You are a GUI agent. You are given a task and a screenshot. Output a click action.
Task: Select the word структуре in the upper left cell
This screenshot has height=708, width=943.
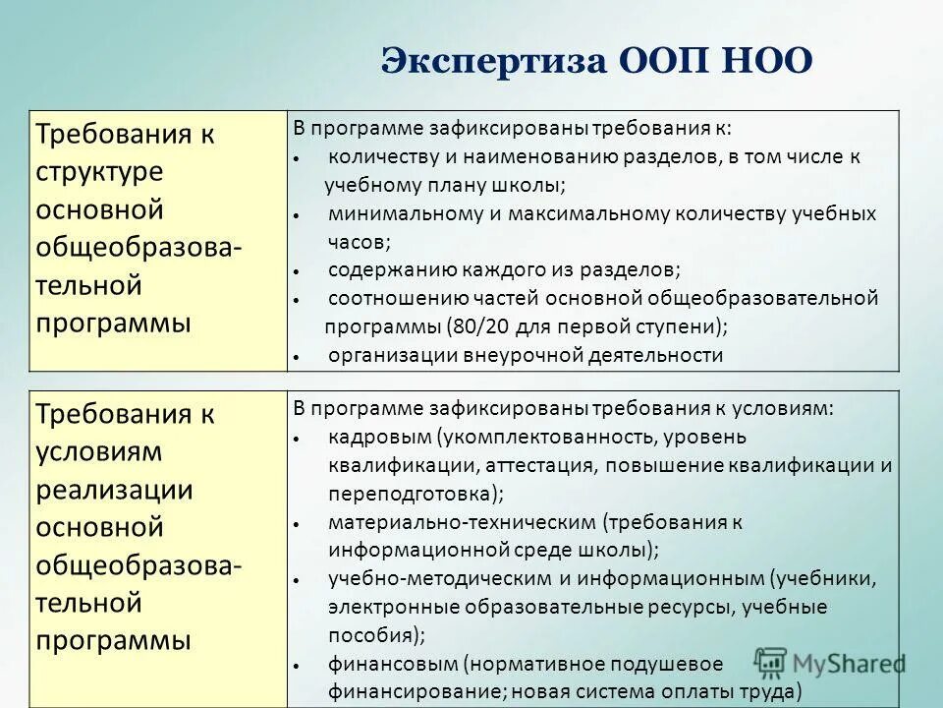click(99, 172)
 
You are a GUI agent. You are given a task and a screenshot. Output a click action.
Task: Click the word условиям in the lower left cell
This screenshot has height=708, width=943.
click(99, 453)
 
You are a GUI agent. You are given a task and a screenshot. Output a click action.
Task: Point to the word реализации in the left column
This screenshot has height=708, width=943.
click(114, 491)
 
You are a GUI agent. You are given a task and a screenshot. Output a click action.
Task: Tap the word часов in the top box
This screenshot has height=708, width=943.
click(359, 241)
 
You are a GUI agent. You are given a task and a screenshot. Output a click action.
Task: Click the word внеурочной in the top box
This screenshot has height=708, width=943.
click(508, 356)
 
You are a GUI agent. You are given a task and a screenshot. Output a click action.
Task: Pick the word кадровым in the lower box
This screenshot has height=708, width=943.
click(379, 437)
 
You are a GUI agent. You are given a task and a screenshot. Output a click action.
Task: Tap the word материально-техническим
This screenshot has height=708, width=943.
click(463, 522)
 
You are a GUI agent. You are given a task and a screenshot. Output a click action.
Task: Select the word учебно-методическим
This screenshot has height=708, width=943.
click(442, 579)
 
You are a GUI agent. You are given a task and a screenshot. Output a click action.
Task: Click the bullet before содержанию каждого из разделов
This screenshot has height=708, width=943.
click(296, 270)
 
